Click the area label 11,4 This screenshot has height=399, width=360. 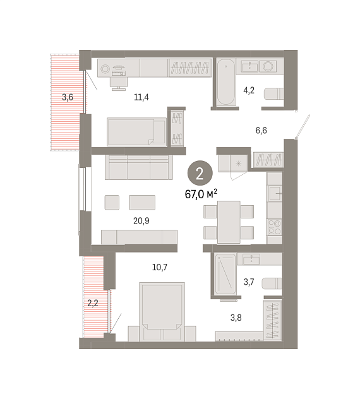pos(141,97)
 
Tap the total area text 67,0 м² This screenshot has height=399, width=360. pos(201,194)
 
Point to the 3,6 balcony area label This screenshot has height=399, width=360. pos(68,97)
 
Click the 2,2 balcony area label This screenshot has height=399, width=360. pos(93,303)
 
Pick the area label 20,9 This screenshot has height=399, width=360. pos(141,221)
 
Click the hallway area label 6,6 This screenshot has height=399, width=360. pos(261,130)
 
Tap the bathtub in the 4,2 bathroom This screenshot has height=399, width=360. pos(226,82)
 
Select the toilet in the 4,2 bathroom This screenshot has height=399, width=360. pos(273,94)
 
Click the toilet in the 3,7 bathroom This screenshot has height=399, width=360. pos(272,283)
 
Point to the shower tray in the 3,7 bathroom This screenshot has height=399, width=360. pos(225,274)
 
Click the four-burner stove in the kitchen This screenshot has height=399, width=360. pos(275,227)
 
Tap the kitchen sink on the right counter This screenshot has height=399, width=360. pos(275,193)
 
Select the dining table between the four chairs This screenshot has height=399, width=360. pos(229,222)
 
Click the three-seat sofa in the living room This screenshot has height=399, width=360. pos(139,167)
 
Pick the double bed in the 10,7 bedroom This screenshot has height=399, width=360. pos(162,312)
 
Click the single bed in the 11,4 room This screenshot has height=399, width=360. pos(136,132)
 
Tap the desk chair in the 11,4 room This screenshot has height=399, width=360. pos(119,83)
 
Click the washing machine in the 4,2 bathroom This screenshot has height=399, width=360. pos(268,66)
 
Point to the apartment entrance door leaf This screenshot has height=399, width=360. pos(303,126)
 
